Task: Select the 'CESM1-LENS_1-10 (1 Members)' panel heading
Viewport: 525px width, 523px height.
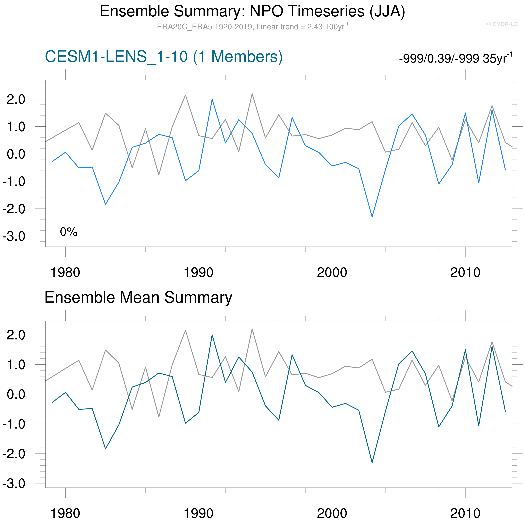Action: [164, 57]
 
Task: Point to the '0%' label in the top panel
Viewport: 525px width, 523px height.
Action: [69, 232]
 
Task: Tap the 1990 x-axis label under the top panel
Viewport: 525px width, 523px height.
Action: [199, 273]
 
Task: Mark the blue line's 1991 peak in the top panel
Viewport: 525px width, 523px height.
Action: [212, 99]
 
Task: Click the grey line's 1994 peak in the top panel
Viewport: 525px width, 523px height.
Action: [252, 94]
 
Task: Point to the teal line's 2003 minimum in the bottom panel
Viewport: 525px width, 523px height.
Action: [372, 462]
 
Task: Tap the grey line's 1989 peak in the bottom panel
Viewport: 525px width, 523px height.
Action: [185, 330]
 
